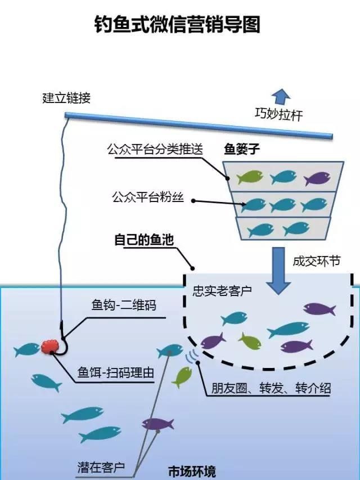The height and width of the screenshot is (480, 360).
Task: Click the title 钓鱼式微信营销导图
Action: (177, 24)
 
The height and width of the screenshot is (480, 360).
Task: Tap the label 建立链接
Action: (66, 98)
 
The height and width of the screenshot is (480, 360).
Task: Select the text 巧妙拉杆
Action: (278, 115)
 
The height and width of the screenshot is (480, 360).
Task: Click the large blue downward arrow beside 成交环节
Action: (278, 270)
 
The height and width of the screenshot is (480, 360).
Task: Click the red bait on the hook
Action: (49, 346)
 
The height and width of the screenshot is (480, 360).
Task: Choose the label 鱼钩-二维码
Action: (124, 306)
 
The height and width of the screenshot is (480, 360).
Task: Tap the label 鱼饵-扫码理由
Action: (115, 373)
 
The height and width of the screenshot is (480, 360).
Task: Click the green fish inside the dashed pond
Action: (249, 340)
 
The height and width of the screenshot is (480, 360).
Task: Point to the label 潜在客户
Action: (101, 466)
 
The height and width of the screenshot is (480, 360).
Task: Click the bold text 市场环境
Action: (192, 471)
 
